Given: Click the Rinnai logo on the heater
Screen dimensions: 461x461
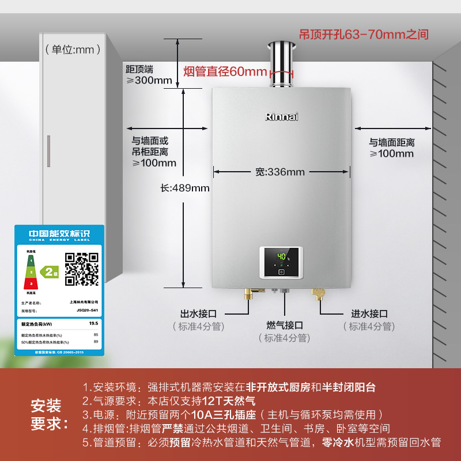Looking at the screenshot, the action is [282, 116].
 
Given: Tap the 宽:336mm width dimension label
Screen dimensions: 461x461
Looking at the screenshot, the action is [280, 172].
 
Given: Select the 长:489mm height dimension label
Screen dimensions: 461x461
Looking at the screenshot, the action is [185, 188].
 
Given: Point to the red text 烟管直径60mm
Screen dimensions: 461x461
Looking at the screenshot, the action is [225, 72].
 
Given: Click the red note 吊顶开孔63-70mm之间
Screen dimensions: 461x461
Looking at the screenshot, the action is [364, 35].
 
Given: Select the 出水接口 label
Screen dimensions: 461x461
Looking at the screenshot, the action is [198, 314].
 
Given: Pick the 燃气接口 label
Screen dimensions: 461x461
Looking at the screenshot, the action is [285, 326].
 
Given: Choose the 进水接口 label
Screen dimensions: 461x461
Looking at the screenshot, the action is [369, 314].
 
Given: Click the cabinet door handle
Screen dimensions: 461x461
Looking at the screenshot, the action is [49, 151].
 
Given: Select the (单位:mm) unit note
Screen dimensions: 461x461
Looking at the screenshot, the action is [69, 50].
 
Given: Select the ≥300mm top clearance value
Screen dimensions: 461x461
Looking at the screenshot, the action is [149, 81].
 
